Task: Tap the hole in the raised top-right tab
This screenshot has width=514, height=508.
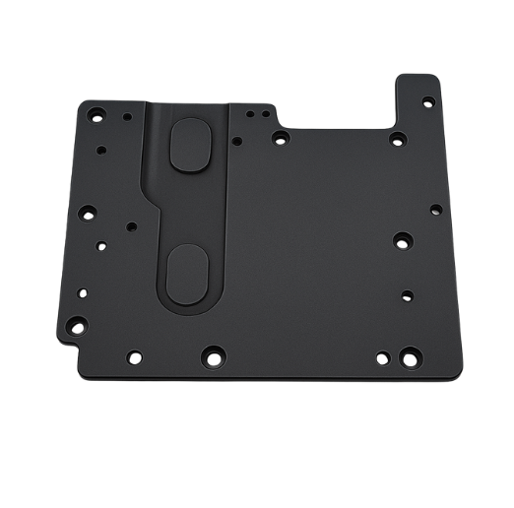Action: [x=425, y=100]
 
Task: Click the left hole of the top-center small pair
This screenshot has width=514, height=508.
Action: [x=233, y=140]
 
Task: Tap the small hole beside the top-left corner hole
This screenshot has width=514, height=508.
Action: [x=127, y=114]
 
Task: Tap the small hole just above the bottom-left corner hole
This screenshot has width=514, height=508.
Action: [x=81, y=291]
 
